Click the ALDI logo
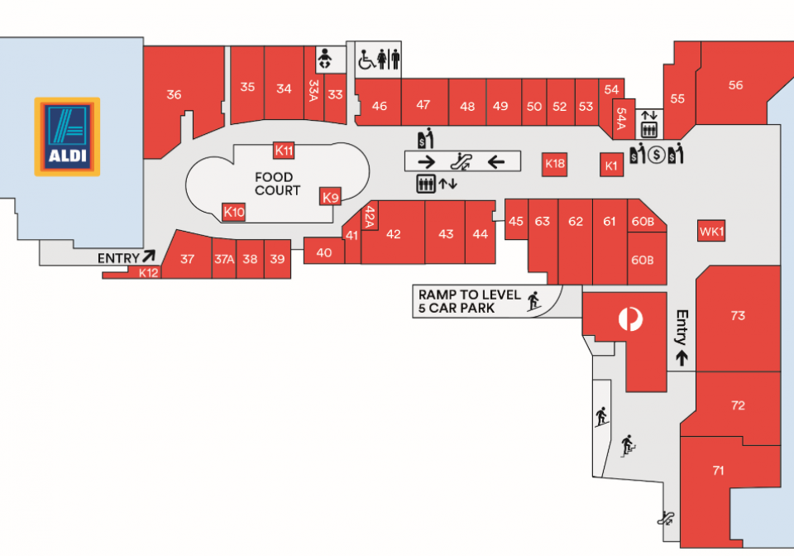(x=67, y=137)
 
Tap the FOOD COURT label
(x=278, y=184)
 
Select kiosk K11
(x=284, y=151)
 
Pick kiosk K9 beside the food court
(x=330, y=197)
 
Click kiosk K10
(x=234, y=212)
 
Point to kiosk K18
(x=554, y=164)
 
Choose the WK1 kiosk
(x=711, y=232)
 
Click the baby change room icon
(x=324, y=60)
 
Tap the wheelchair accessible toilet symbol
(x=366, y=60)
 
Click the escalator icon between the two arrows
(x=462, y=161)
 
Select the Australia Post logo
(x=630, y=319)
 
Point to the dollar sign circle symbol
(x=657, y=155)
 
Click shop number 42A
(x=371, y=216)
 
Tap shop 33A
(x=314, y=91)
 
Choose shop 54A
(x=622, y=118)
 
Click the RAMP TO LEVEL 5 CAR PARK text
(x=470, y=301)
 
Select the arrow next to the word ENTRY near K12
(x=149, y=256)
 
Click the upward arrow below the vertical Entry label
(x=682, y=357)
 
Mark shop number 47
(x=423, y=105)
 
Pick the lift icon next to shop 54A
(x=649, y=130)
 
